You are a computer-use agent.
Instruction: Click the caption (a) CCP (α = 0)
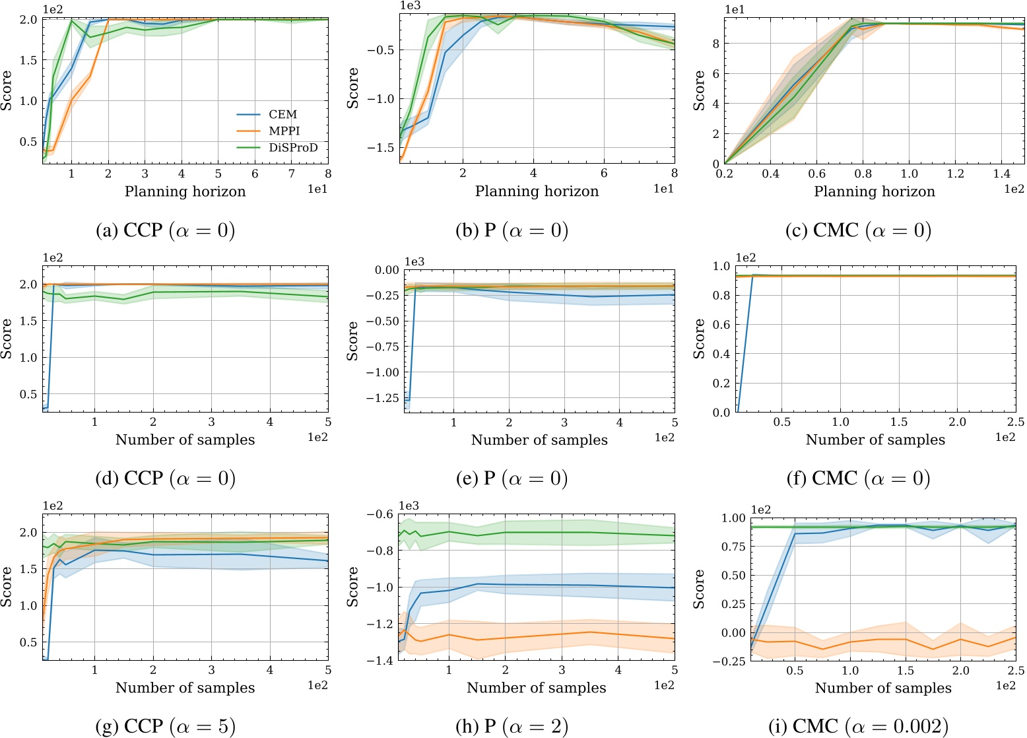pos(166,230)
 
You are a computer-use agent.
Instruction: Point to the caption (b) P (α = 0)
pos(512,230)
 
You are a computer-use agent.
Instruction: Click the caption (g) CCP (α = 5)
pos(166,726)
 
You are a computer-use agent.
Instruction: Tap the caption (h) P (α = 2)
pos(512,726)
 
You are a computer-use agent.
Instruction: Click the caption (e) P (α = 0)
pos(512,478)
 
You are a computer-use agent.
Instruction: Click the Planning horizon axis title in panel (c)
pos(875,191)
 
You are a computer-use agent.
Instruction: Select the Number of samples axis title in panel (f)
pos(875,440)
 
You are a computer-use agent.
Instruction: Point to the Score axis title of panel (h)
pos(353,587)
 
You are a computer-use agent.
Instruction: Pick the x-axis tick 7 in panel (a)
pos(292,174)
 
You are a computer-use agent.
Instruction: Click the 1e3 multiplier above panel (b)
pos(410,5)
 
